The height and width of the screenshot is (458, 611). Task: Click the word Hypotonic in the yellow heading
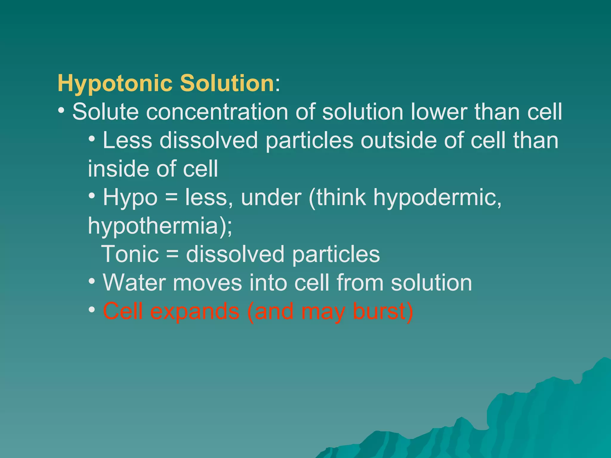(x=115, y=83)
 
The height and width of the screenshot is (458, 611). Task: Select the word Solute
(x=106, y=112)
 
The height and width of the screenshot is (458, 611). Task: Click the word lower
(x=439, y=112)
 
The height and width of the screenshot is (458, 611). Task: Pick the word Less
(x=127, y=140)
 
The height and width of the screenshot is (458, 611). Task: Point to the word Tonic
(x=130, y=254)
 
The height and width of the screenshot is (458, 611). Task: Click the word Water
(x=134, y=282)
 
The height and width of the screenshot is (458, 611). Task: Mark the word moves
(x=207, y=283)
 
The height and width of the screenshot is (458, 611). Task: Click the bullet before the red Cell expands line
(x=92, y=310)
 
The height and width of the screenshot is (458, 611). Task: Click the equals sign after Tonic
(x=172, y=254)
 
